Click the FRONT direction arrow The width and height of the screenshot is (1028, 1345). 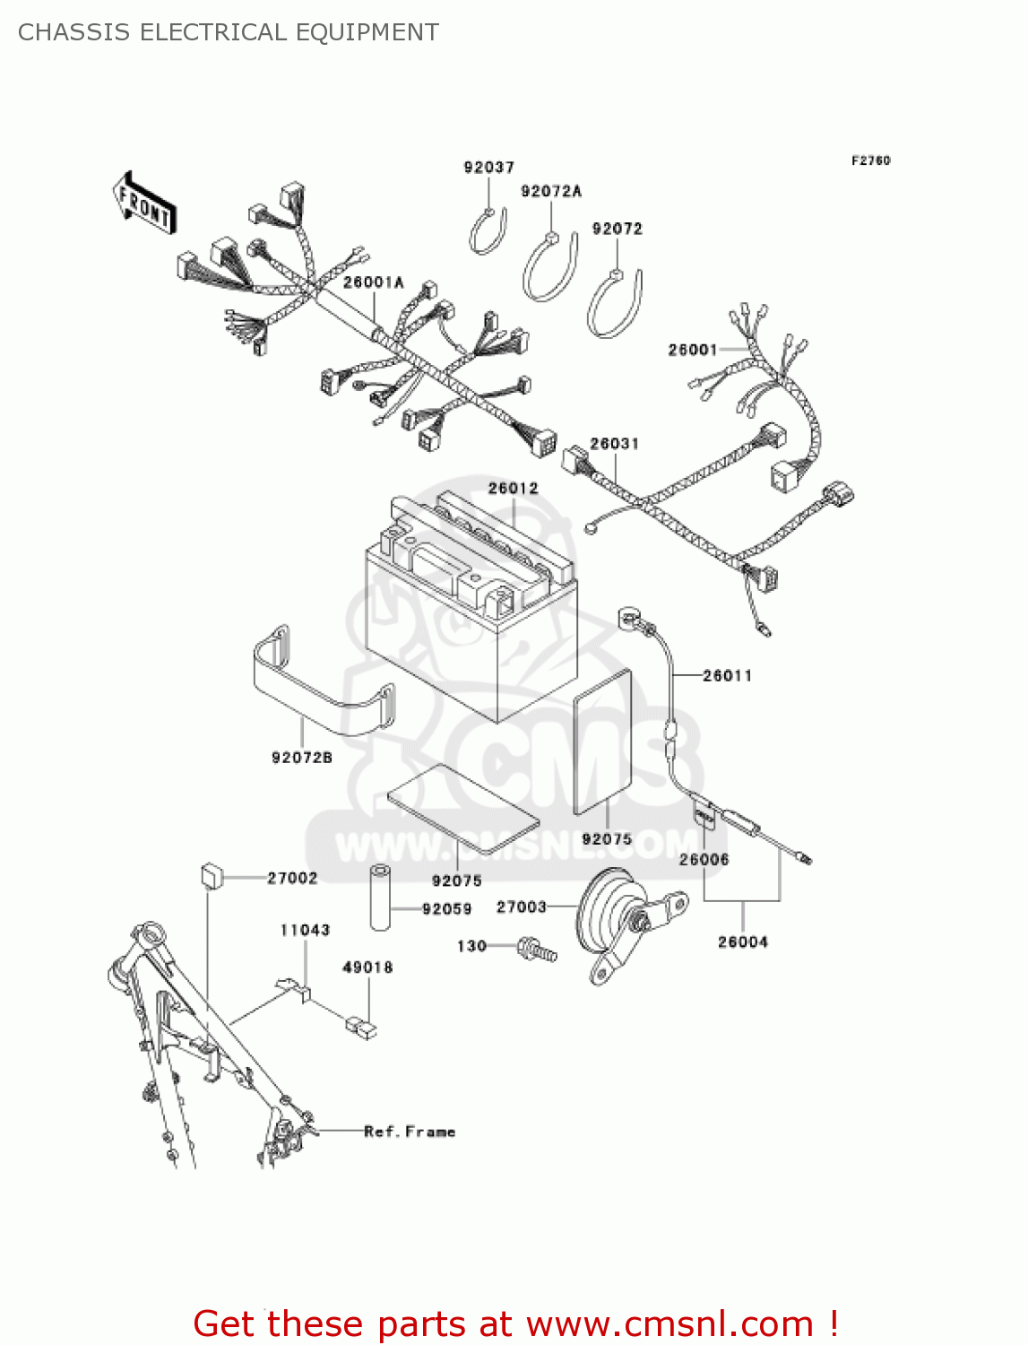(x=144, y=203)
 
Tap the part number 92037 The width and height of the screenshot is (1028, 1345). (x=489, y=168)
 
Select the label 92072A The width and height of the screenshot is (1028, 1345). (x=551, y=191)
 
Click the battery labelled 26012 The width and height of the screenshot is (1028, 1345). (x=471, y=607)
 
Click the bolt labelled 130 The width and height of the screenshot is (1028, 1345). (x=537, y=949)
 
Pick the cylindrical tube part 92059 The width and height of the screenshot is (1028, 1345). (x=380, y=897)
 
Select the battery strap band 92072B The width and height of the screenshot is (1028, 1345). (x=324, y=680)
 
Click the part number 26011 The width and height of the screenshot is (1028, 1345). (x=728, y=675)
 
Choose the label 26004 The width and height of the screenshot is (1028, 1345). (x=743, y=941)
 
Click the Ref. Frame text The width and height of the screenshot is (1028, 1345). (x=410, y=1132)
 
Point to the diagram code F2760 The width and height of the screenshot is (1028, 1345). (x=870, y=161)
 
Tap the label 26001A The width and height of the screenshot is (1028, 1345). (x=374, y=282)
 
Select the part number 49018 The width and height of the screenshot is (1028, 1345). (x=367, y=968)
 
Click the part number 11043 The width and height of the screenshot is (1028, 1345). (x=305, y=930)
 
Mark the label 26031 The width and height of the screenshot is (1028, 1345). (x=614, y=443)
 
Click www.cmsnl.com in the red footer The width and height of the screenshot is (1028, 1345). (x=669, y=1323)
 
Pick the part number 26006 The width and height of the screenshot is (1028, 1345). (x=704, y=859)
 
